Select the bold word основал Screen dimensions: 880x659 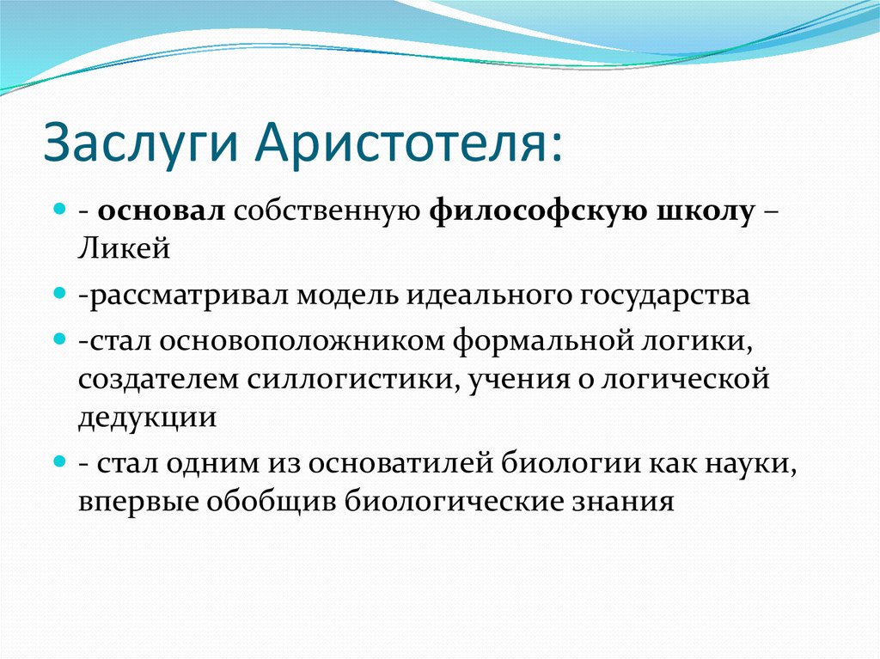pyautogui.click(x=161, y=211)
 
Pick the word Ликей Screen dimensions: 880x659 pyautogui.click(x=124, y=248)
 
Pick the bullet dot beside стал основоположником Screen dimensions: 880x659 pyautogui.click(x=60, y=339)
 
